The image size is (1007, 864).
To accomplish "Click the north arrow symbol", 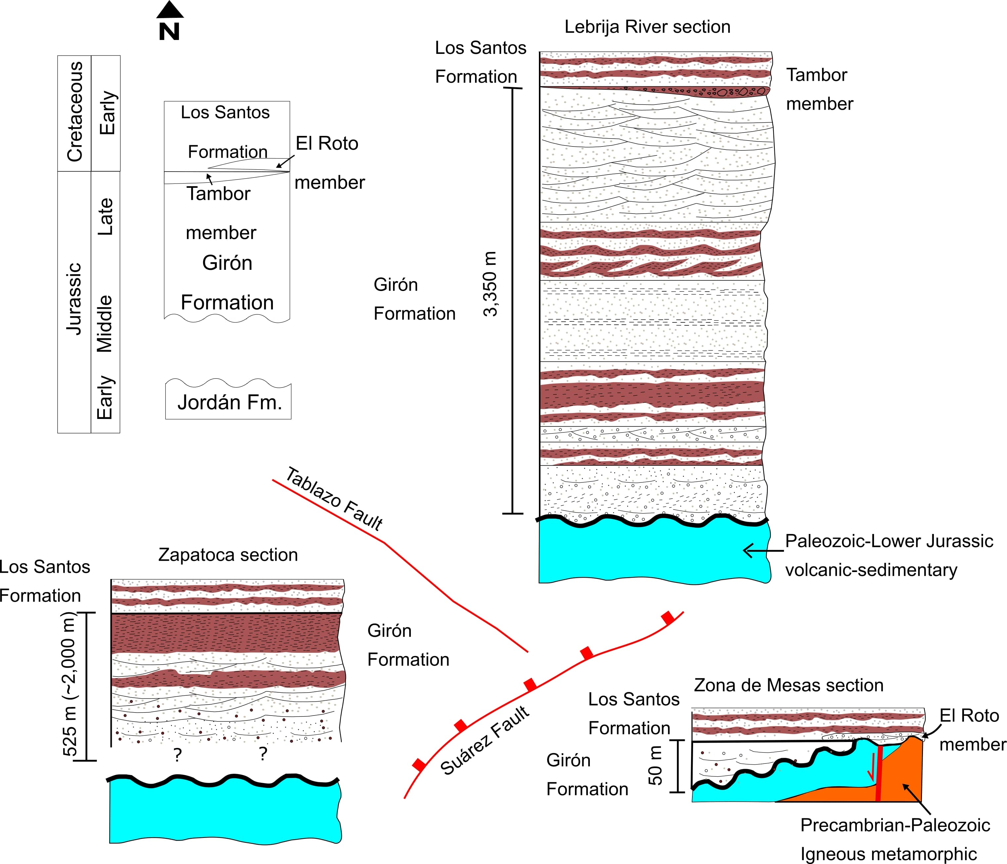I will click(x=170, y=21).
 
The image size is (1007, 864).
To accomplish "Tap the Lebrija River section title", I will click(x=647, y=27).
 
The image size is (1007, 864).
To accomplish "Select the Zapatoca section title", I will click(x=228, y=555).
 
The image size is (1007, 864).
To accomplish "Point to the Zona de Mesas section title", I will click(x=788, y=685).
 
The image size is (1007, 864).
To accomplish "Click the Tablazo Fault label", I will click(x=334, y=498).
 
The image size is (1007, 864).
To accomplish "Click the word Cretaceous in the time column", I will click(x=74, y=112).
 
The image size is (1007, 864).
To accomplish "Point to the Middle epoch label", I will click(x=105, y=323).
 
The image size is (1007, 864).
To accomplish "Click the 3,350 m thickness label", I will click(x=490, y=284).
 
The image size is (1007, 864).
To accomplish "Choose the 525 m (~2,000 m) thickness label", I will click(x=70, y=684).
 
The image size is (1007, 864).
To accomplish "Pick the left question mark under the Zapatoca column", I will click(x=178, y=754).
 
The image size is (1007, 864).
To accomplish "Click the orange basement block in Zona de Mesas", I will click(x=904, y=772).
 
